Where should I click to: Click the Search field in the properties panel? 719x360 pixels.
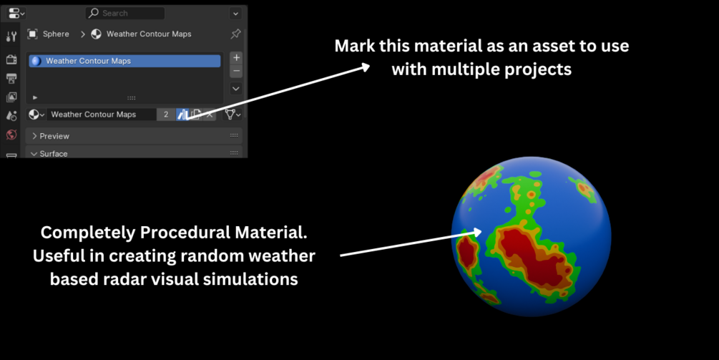tap(124, 14)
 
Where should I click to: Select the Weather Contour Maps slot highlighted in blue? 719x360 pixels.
tap(124, 61)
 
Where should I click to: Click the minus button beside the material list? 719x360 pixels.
tap(236, 71)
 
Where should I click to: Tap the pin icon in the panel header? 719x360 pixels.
tap(235, 34)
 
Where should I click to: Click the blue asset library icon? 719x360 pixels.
tap(182, 115)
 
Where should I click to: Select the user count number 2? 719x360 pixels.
tap(166, 115)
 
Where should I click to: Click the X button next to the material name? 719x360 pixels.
tap(210, 115)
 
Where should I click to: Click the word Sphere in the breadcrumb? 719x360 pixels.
tap(56, 34)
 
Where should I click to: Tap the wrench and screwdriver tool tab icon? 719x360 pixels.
tap(11, 37)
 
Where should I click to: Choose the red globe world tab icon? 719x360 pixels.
tap(11, 135)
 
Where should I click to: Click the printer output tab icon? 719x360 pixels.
tap(11, 79)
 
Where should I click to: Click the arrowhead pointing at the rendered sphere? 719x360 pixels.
tap(477, 232)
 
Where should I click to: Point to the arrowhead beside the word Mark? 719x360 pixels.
tap(365, 67)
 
